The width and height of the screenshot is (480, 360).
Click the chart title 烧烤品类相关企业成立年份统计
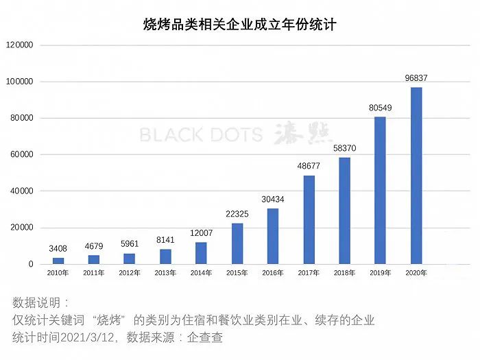click(x=239, y=25)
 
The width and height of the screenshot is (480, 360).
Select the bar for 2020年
click(x=416, y=176)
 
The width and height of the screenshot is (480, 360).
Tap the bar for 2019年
click(x=380, y=190)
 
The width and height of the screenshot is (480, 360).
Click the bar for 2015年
click(x=237, y=243)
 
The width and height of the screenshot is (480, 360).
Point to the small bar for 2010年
click(x=58, y=261)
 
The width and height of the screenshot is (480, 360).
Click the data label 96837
click(x=416, y=78)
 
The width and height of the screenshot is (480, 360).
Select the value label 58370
click(x=344, y=148)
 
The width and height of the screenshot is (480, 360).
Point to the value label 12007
click(x=201, y=232)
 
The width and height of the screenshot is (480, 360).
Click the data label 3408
click(x=58, y=248)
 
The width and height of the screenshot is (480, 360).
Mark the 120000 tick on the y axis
click(x=20, y=45)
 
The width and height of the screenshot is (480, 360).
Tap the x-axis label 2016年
click(x=273, y=273)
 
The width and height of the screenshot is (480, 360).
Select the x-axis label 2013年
click(x=165, y=273)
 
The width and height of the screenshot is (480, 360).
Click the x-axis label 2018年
click(x=344, y=273)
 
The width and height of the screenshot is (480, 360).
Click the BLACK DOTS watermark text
click(x=201, y=134)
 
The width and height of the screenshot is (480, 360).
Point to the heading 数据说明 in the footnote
click(x=40, y=302)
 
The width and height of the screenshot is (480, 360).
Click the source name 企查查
click(x=205, y=337)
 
